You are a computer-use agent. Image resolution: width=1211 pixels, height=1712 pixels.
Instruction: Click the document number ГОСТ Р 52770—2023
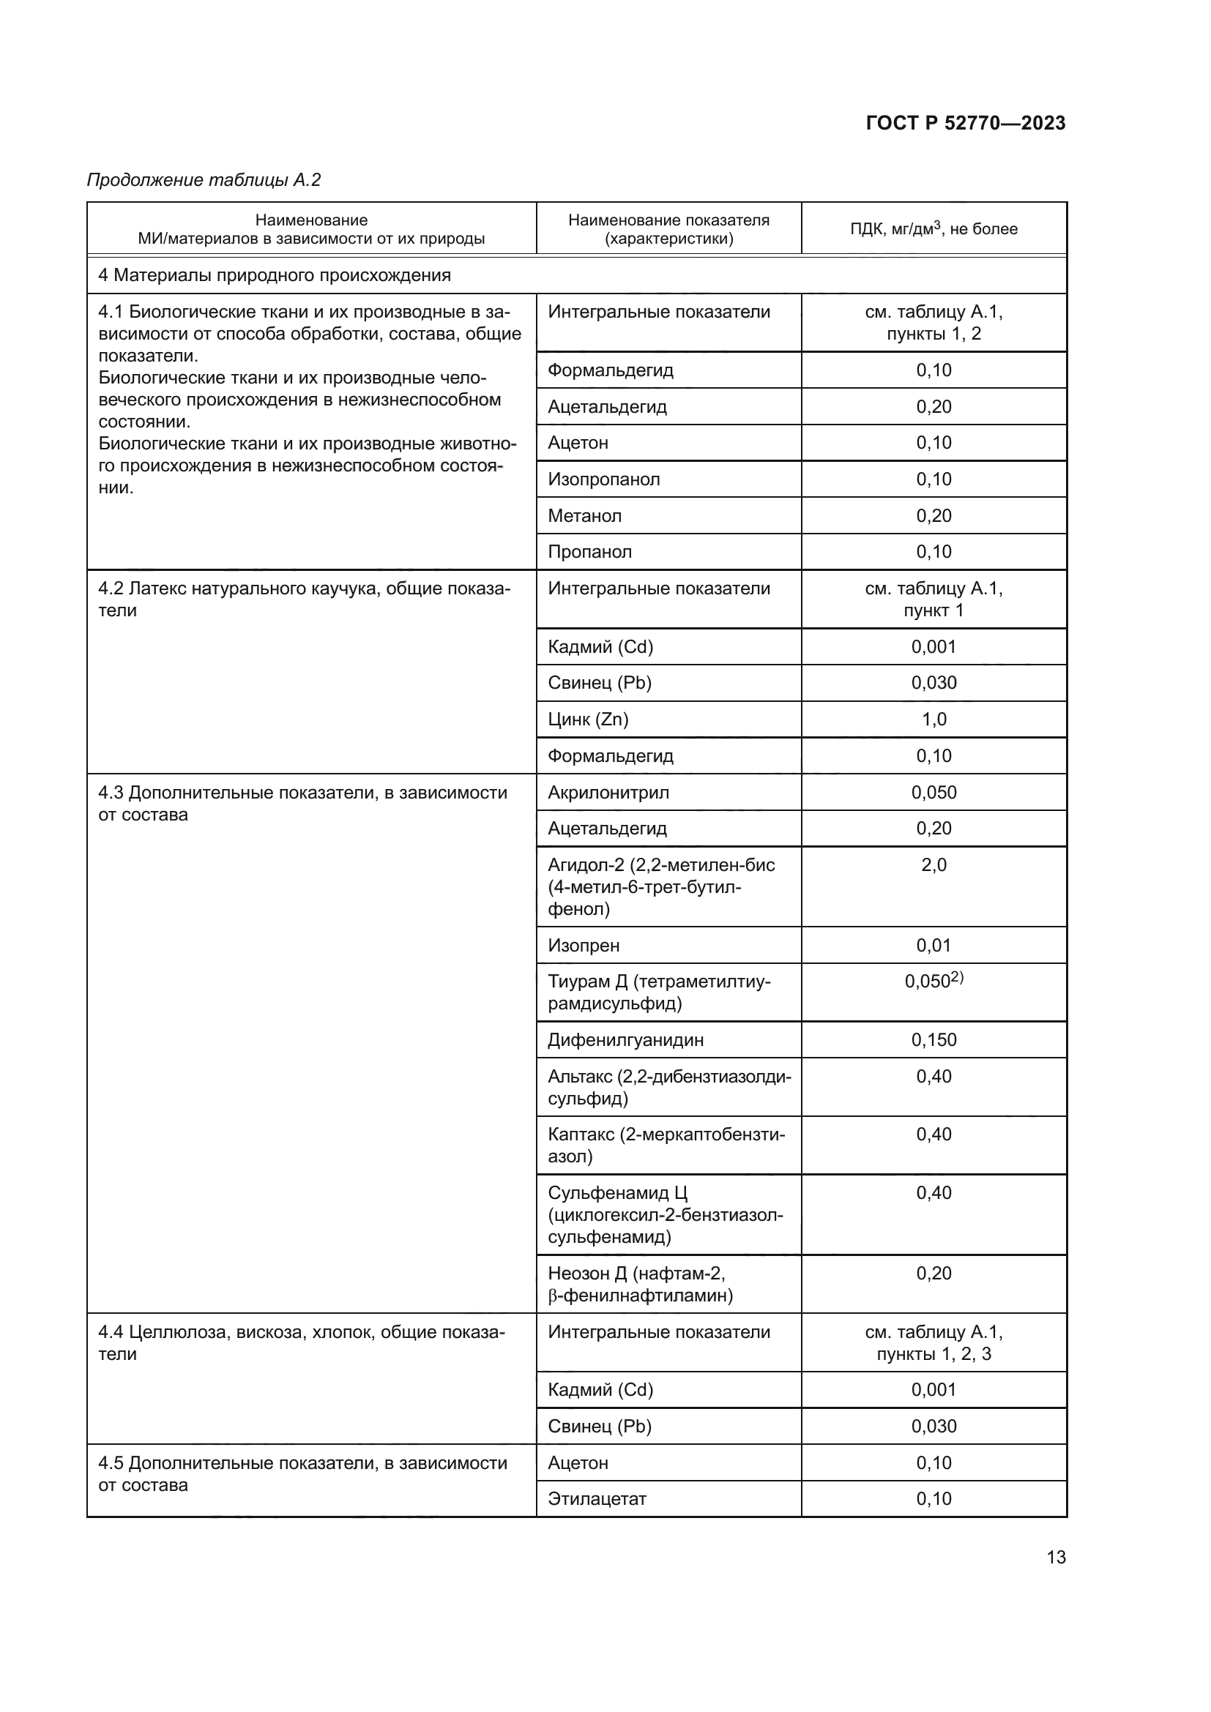(x=965, y=123)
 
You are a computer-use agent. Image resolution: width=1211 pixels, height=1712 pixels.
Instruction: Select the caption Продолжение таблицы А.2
(x=204, y=180)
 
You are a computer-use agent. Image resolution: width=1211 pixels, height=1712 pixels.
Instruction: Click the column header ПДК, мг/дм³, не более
(x=934, y=229)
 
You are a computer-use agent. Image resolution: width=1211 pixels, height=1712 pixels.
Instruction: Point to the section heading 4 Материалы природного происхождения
(x=275, y=275)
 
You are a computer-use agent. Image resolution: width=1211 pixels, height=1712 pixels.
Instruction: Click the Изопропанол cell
(x=604, y=479)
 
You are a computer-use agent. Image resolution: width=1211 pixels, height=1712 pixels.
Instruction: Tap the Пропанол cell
(x=590, y=552)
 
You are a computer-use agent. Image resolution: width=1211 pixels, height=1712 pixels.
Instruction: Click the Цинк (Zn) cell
(x=589, y=719)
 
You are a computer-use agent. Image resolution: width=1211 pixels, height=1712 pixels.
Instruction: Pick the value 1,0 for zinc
(x=934, y=719)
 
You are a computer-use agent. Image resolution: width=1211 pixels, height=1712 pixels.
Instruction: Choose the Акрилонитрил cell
(x=608, y=792)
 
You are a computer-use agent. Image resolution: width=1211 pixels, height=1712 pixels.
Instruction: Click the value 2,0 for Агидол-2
(x=934, y=865)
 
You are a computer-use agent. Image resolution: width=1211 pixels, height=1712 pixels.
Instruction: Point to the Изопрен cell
(x=584, y=946)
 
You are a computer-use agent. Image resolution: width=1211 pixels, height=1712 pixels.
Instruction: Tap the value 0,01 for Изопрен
(x=934, y=946)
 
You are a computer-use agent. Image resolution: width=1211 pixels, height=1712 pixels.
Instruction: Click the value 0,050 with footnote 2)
(x=934, y=982)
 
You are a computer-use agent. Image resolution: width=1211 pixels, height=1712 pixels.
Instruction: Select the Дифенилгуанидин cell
(x=625, y=1039)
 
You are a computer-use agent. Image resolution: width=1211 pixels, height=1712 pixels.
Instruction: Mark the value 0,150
(x=934, y=1039)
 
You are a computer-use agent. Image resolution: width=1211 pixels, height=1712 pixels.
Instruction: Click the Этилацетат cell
(x=597, y=1499)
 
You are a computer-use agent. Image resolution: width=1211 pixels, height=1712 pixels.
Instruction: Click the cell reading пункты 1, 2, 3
(x=934, y=1354)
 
